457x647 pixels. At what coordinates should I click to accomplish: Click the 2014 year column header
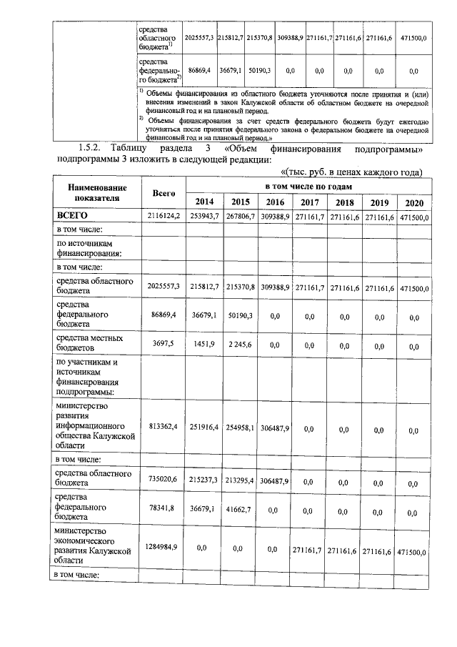[204, 202]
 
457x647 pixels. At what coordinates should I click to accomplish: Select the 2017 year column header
[310, 202]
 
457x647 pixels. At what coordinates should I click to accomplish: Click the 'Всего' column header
[164, 193]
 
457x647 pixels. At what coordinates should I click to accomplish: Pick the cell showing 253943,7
[204, 216]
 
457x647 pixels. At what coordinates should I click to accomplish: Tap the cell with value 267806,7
[240, 216]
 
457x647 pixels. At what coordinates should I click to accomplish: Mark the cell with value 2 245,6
[240, 345]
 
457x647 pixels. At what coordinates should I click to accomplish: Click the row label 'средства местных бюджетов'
[89, 343]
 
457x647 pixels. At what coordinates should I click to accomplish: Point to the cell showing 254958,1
[240, 430]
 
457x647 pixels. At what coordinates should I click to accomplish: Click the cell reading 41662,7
[240, 512]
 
